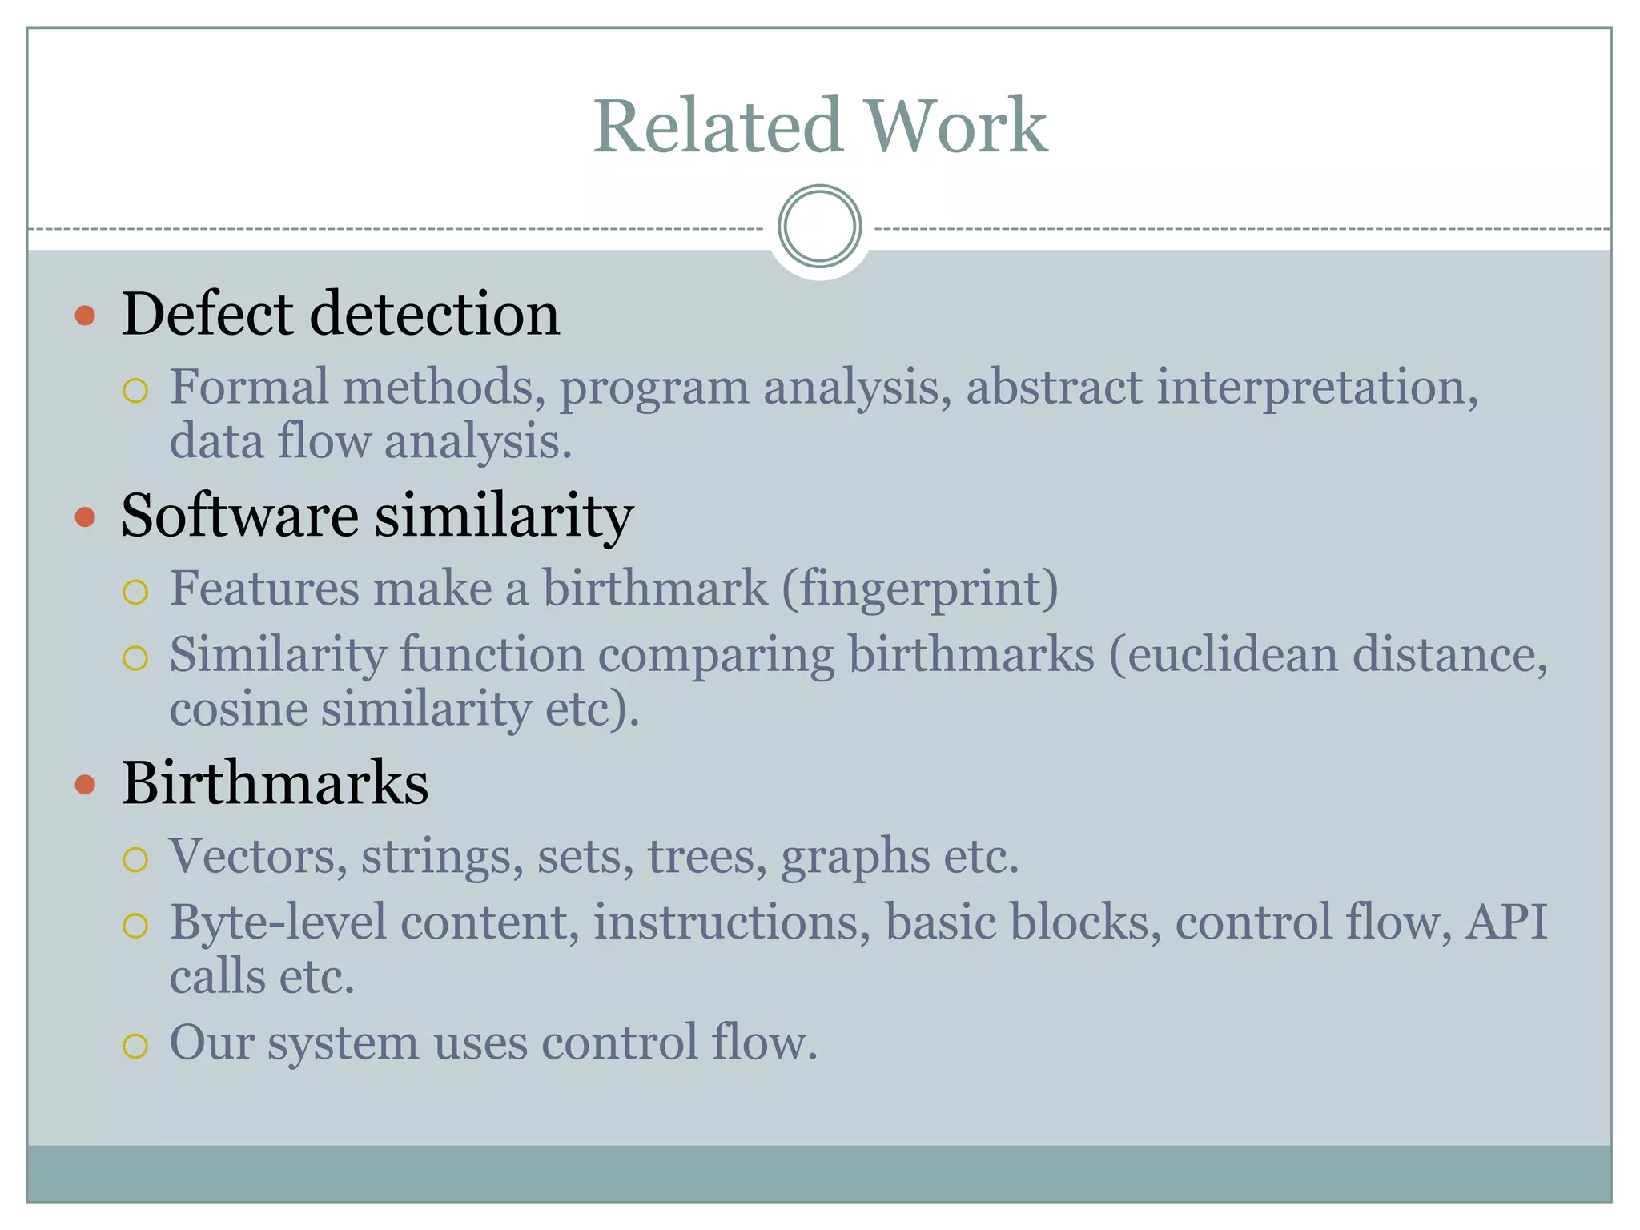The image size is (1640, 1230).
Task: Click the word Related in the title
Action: [x=717, y=127]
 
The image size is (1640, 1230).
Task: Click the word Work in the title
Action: [x=957, y=127]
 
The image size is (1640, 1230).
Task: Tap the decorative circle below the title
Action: [x=819, y=227]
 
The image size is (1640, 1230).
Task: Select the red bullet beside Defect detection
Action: [x=85, y=315]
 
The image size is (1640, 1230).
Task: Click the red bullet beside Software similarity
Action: [x=85, y=517]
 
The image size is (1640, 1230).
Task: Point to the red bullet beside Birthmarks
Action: [x=85, y=784]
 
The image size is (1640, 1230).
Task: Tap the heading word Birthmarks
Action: [x=275, y=782]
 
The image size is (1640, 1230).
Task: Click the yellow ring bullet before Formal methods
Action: [x=135, y=392]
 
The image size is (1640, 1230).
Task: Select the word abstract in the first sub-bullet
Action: [x=1054, y=388]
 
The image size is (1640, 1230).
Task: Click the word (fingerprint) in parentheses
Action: [x=920, y=589]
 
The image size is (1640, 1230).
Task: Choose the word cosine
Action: [x=239, y=709]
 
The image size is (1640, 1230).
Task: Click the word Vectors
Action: [x=257, y=857]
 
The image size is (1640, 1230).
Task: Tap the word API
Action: [x=1506, y=922]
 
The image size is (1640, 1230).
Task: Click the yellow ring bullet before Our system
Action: [x=135, y=1046]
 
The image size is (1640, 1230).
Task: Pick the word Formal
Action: [x=249, y=388]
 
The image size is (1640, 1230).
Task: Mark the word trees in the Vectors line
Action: [x=701, y=857]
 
